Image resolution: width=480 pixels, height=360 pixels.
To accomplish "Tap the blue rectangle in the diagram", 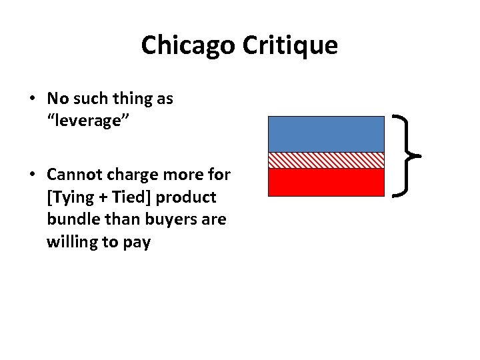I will click(x=326, y=134).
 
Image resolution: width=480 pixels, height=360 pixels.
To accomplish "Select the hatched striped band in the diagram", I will click(x=326, y=160).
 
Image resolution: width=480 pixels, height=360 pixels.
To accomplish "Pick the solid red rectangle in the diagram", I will click(x=326, y=182).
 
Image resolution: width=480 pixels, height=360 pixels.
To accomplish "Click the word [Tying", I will click(x=68, y=198).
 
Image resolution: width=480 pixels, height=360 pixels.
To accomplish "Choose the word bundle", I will click(x=69, y=220).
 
